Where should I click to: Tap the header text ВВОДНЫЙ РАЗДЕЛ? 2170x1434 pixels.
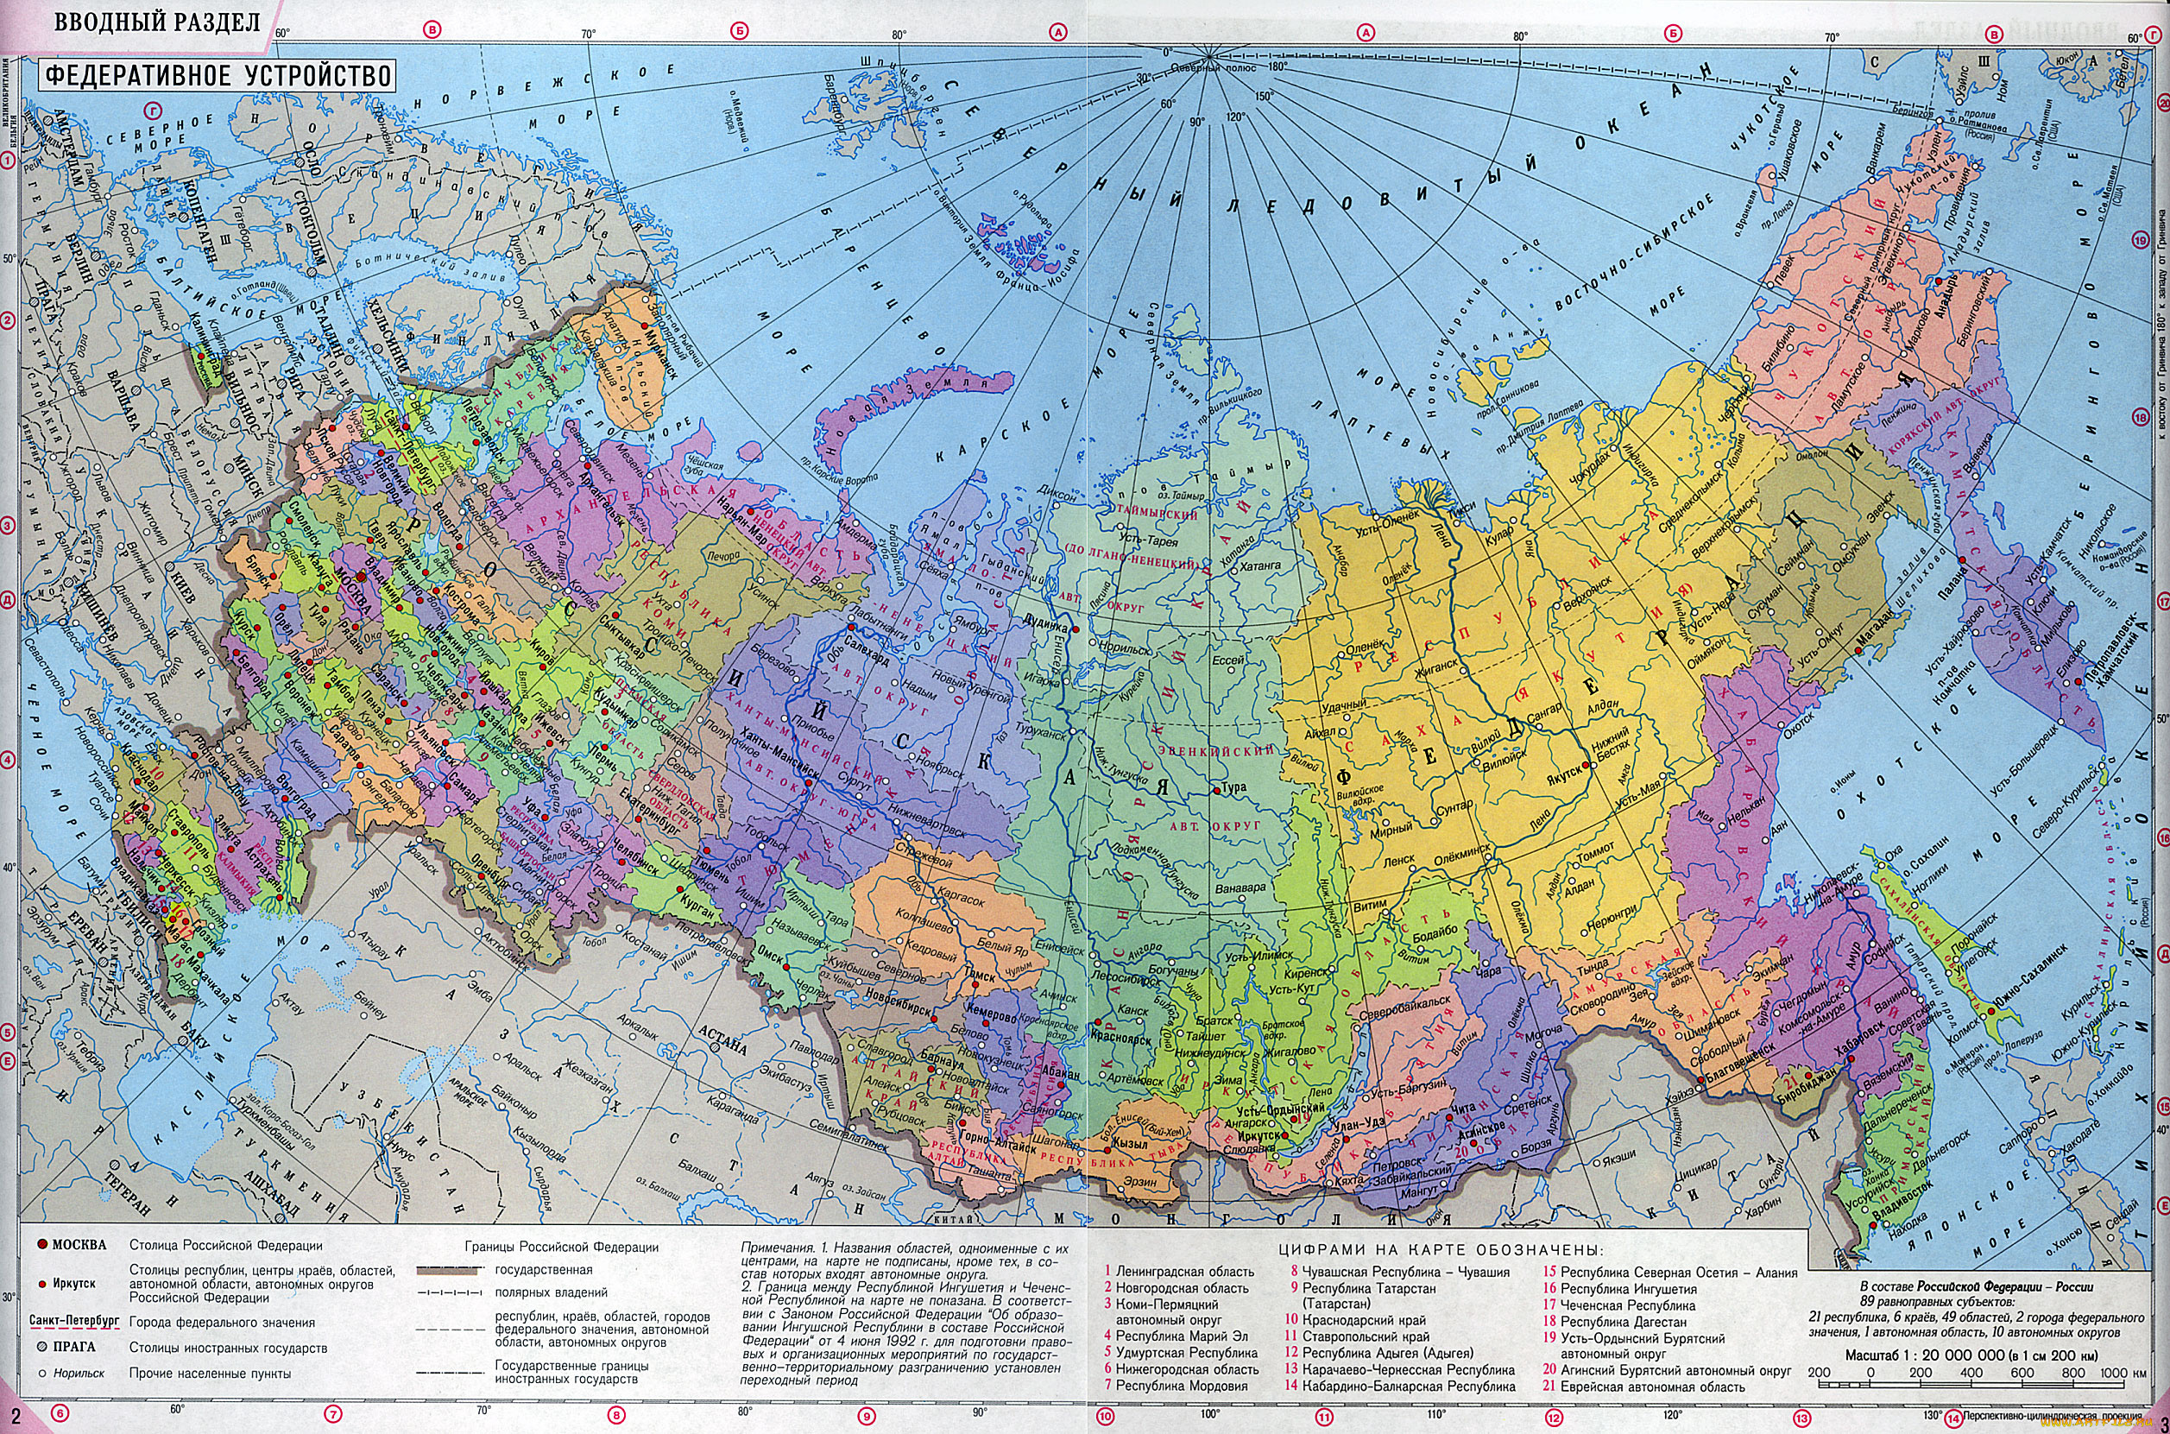pos(156,22)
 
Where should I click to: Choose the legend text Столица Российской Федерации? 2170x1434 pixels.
pos(225,1245)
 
